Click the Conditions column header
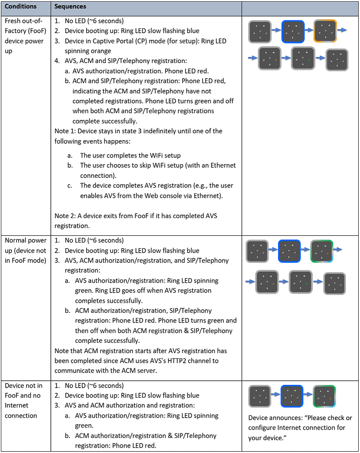coord(20,6)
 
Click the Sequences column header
coord(70,6)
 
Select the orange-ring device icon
coord(325,31)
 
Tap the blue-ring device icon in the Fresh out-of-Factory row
coord(293,31)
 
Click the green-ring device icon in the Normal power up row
coord(322,251)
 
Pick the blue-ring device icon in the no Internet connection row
coord(292,396)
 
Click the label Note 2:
coord(65,216)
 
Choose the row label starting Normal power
coord(25,240)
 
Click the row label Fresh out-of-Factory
coord(25,26)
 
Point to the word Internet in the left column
coord(16,405)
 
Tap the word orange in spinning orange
coord(100,51)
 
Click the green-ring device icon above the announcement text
coord(324,396)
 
